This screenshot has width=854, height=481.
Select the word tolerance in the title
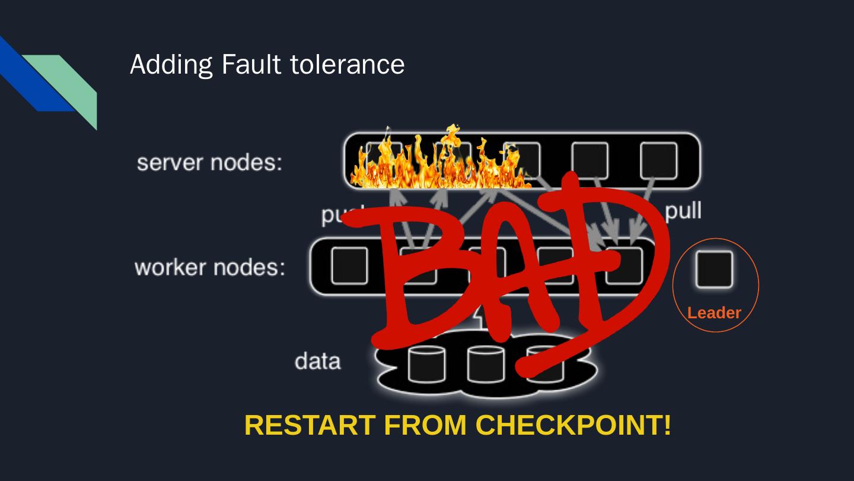pyautogui.click(x=347, y=64)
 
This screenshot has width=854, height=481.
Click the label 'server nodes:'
pyautogui.click(x=209, y=162)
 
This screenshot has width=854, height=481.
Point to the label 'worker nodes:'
pyautogui.click(x=209, y=267)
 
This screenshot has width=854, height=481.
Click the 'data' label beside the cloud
pyautogui.click(x=317, y=361)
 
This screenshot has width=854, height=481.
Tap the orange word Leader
pyautogui.click(x=714, y=313)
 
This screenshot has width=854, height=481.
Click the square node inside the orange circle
pyautogui.click(x=714, y=269)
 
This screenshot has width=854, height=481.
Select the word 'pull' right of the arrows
pyautogui.click(x=683, y=211)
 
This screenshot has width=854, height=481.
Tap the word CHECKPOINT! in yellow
pyautogui.click(x=574, y=425)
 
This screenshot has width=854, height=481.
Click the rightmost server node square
pyautogui.click(x=658, y=160)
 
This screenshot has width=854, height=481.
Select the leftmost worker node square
pyautogui.click(x=349, y=265)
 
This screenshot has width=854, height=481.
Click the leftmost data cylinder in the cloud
pyautogui.click(x=426, y=363)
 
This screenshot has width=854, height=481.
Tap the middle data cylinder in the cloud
pyautogui.click(x=486, y=363)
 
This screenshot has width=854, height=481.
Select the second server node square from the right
pyautogui.click(x=589, y=160)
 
